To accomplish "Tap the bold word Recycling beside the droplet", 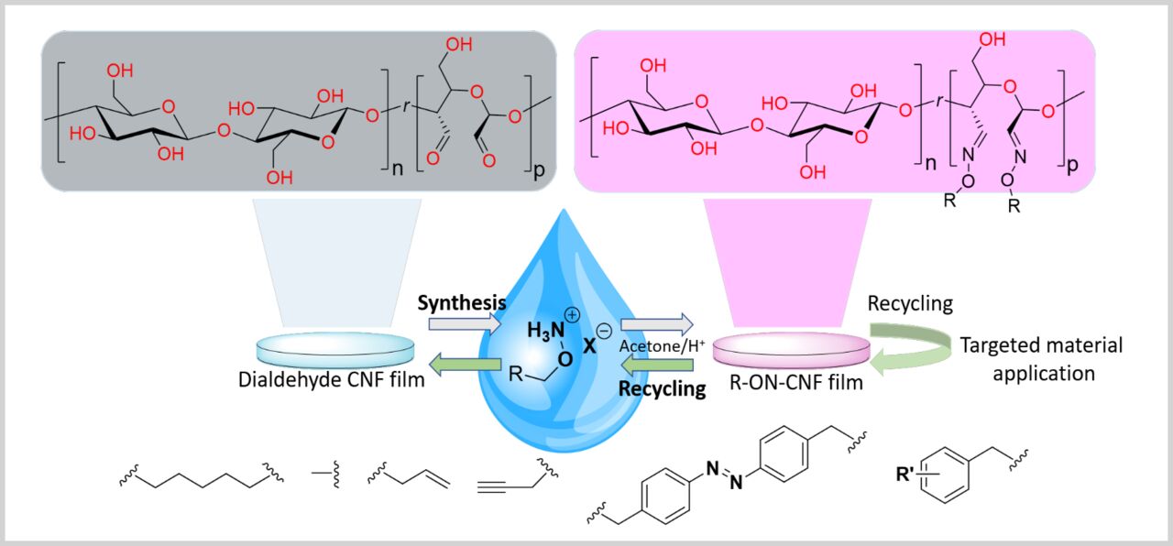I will pyautogui.click(x=662, y=388).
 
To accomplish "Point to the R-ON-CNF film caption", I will pyautogui.click(x=790, y=383).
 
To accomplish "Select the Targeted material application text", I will pyautogui.click(x=1040, y=359).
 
